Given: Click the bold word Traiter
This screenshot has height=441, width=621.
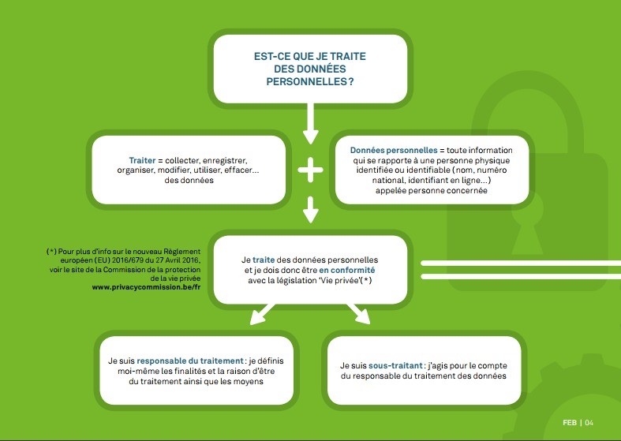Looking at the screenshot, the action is coord(142,160).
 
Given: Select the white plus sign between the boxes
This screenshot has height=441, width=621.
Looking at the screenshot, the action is coord(311,170).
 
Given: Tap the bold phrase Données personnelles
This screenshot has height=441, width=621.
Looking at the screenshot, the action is coord(394,151).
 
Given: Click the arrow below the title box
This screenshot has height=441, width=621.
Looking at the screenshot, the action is coord(311,124).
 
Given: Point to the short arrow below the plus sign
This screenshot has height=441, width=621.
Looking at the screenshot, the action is coord(311,209).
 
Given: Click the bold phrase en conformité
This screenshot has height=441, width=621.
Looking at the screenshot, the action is coord(347,270).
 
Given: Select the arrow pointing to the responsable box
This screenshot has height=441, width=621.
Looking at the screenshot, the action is coord(262,314).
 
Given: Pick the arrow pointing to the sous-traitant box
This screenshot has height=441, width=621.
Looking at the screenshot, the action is coord(358,314).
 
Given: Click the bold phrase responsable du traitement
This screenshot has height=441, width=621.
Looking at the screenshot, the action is coord(190,361).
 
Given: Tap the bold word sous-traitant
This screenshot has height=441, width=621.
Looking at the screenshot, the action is coord(395,366).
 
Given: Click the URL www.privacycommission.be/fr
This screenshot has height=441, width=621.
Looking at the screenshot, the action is coord(146,287).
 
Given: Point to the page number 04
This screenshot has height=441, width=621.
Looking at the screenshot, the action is coord(589,423).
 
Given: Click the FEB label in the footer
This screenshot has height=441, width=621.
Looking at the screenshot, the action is coord(570,423).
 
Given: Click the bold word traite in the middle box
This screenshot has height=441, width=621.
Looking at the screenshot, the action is coord(264,260).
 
